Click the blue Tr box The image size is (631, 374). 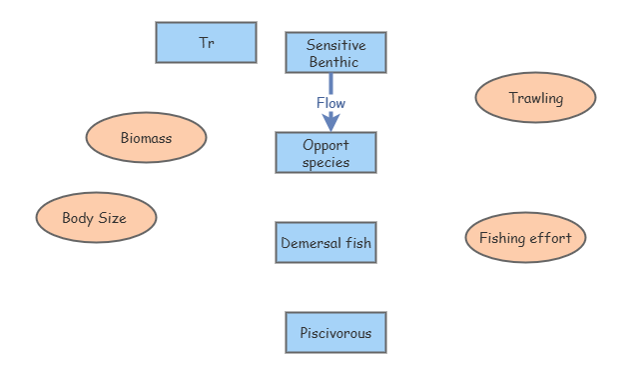(x=206, y=42)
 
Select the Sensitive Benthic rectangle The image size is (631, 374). (x=335, y=53)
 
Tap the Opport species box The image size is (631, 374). (x=325, y=153)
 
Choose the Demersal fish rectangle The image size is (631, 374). (x=325, y=243)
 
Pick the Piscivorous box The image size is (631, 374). (x=335, y=333)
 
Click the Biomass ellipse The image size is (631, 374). (x=146, y=138)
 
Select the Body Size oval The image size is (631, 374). (x=96, y=218)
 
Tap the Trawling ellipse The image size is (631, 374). (x=535, y=98)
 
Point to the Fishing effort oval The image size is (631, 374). (x=525, y=238)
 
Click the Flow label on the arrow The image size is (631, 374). (x=330, y=103)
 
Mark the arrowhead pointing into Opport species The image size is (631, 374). (x=330, y=123)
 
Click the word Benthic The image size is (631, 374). (x=335, y=62)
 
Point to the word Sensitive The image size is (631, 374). (x=335, y=45)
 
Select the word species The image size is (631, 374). (x=325, y=162)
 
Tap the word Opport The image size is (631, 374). (x=325, y=145)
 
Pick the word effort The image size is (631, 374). (x=551, y=238)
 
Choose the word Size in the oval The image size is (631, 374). (x=112, y=218)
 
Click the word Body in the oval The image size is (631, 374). (x=78, y=218)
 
